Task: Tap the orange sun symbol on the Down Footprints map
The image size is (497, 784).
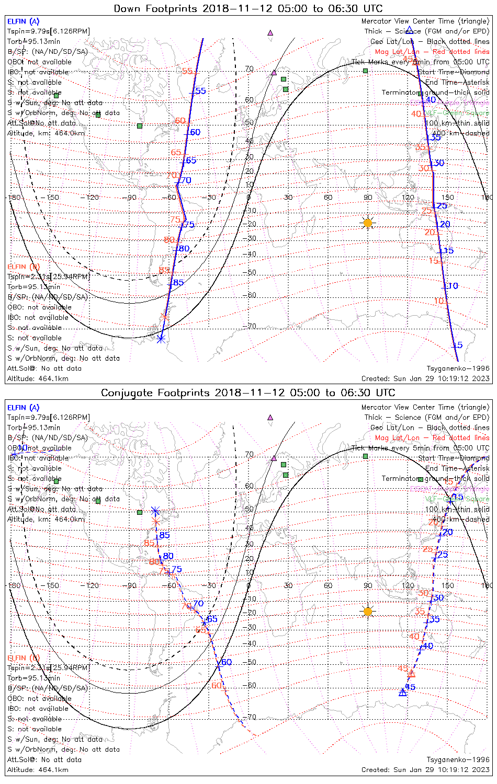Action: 368,223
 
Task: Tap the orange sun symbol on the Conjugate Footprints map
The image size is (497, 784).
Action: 368,611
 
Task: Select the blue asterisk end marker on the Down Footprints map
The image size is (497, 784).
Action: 161,338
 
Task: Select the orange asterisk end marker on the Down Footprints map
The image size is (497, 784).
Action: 165,316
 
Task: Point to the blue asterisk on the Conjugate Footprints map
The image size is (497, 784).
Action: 155,510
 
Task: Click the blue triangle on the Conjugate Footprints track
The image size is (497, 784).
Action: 402,692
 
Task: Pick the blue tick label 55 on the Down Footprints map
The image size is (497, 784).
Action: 200,91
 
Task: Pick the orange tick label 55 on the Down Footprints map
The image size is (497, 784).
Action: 187,71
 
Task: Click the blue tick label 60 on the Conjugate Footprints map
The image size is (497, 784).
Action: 226,662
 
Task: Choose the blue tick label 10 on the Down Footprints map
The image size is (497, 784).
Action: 453,286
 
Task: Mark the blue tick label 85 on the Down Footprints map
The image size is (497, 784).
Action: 178,283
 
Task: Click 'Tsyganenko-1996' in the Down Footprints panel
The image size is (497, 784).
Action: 458,368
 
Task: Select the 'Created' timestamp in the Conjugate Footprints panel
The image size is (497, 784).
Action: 425,769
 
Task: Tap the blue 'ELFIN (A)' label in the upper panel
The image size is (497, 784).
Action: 23,21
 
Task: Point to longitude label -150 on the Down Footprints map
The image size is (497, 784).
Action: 52,198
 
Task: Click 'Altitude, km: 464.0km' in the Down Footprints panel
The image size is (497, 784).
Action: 46,133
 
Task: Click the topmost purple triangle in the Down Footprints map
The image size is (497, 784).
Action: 270,32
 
